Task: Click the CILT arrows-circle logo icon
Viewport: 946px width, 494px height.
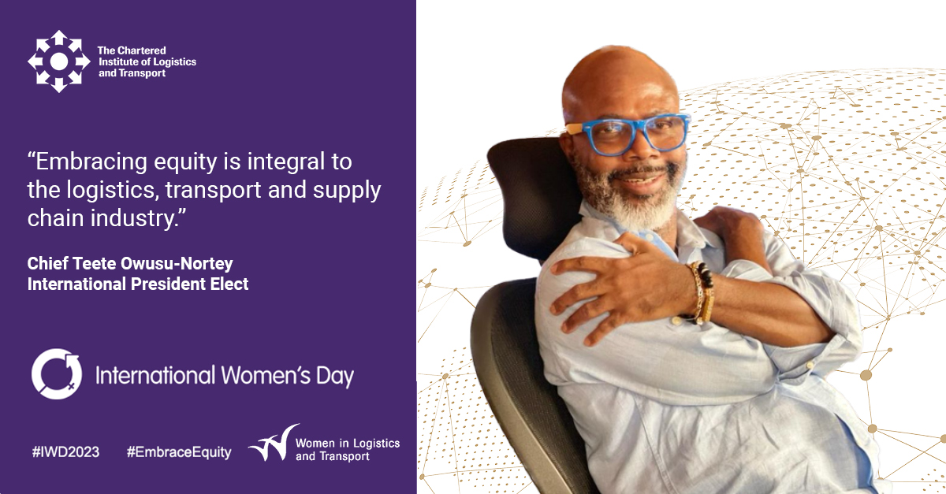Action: pos(58,61)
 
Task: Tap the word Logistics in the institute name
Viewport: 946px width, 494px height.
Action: pos(174,62)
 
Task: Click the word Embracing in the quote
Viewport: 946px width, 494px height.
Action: pos(91,162)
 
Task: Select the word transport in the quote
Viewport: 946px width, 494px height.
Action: pos(214,191)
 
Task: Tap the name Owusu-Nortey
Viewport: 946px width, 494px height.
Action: pos(177,264)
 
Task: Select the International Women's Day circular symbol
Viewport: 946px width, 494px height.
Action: pos(57,374)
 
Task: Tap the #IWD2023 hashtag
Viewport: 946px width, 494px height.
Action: pos(65,452)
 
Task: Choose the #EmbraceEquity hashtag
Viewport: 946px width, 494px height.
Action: pos(179,452)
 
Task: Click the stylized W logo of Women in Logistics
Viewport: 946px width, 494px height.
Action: pos(274,444)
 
